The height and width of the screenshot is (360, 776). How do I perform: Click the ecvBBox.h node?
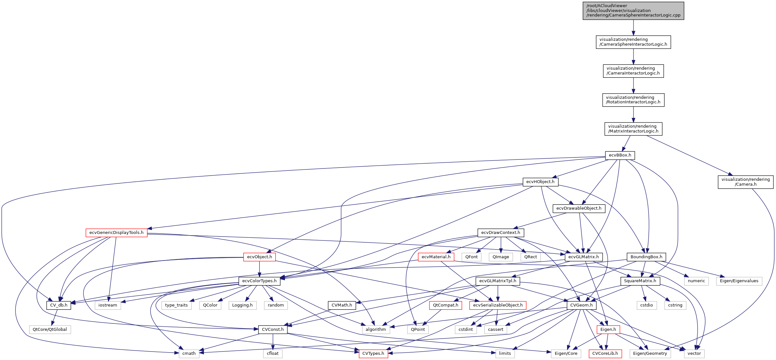[620, 155]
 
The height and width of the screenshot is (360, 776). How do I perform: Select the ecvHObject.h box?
[540, 182]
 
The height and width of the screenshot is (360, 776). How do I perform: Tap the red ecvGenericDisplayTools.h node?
[116, 233]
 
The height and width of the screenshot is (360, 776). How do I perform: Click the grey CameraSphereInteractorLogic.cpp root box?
[633, 11]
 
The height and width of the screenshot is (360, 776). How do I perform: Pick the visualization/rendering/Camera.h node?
[745, 182]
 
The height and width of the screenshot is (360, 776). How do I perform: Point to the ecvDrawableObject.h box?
[579, 208]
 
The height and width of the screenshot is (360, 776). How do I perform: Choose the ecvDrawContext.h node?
[500, 233]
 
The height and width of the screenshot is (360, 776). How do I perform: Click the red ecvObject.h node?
[259, 257]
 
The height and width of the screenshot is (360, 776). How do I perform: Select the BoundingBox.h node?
[646, 257]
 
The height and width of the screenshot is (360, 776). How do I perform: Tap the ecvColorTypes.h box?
[259, 281]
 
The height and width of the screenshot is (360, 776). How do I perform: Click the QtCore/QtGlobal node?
[50, 330]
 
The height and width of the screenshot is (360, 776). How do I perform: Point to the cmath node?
[189, 354]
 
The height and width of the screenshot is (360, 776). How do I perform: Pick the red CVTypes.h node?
[373, 354]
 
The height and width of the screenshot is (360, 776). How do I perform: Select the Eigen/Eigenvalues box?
[739, 281]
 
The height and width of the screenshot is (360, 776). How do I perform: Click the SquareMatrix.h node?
[640, 281]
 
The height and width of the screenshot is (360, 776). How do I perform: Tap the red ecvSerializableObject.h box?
[497, 305]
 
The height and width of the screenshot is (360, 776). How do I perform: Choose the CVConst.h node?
[273, 330]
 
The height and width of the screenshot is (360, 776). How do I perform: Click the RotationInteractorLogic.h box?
[633, 100]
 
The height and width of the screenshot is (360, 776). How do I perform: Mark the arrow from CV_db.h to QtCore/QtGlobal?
[55, 317]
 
